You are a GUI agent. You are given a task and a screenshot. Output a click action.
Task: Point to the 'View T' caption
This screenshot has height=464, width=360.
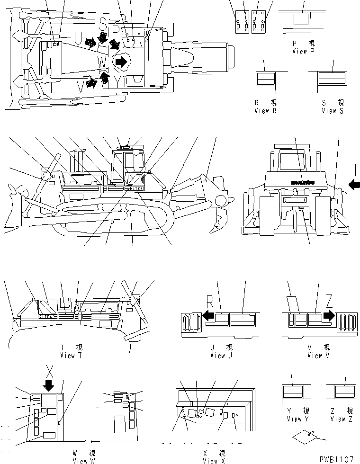tap(72, 355)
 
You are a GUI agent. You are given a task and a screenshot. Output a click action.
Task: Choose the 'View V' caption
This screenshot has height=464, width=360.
tap(315, 355)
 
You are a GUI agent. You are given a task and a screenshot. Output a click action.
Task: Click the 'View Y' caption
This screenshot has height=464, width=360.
tap(294, 419)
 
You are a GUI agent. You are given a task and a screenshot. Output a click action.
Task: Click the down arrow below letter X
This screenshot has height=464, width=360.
tap(48, 384)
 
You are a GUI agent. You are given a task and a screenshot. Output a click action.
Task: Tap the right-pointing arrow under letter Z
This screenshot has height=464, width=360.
tap(329, 315)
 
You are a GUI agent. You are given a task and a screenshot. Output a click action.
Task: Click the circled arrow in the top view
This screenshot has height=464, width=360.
tap(121, 62)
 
